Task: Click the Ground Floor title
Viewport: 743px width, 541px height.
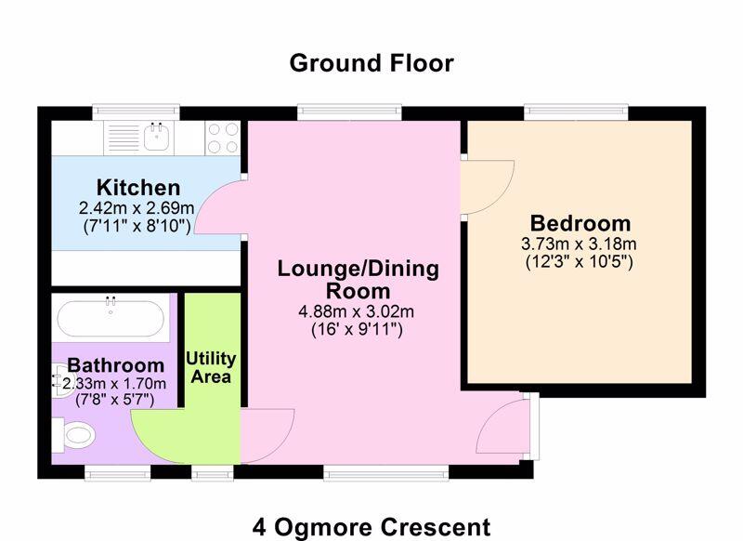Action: coord(371,63)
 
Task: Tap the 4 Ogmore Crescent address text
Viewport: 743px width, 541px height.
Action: coord(371,527)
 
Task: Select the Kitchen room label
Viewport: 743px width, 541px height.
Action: coord(138,187)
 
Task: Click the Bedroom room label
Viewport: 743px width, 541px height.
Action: coord(580,223)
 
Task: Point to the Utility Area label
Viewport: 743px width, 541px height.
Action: coord(211,367)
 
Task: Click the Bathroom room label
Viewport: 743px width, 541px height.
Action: coord(115,365)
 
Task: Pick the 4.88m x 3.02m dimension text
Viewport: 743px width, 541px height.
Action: coord(357,311)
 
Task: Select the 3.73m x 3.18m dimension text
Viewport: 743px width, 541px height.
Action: coord(579,244)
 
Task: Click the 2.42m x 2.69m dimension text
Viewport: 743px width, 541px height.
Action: coord(137,208)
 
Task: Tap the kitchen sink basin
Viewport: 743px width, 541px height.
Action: coord(157,137)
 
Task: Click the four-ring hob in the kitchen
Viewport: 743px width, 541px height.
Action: coord(223,138)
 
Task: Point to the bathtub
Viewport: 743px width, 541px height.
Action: coord(111,317)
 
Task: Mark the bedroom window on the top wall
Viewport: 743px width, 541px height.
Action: coord(576,112)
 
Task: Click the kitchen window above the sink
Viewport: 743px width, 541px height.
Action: coord(136,112)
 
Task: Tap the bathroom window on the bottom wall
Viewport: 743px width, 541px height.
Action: coord(118,472)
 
